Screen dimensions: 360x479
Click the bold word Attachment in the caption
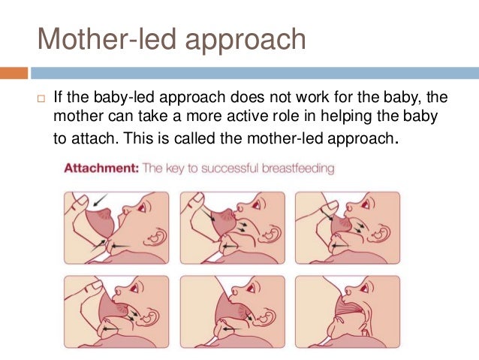pyautogui.click(x=100, y=169)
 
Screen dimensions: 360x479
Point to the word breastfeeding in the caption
pyautogui.click(x=297, y=169)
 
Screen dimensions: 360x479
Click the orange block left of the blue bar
pyautogui.click(x=14, y=73)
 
